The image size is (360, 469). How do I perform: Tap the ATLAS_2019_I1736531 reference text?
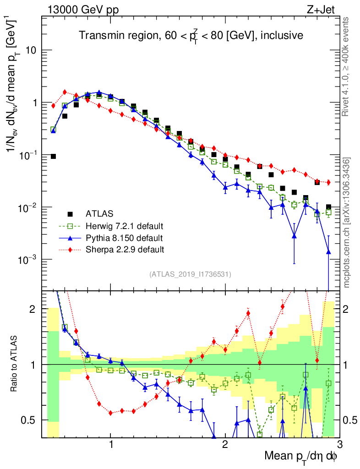pos(190,274)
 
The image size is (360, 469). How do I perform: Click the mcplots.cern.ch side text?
pos(347,222)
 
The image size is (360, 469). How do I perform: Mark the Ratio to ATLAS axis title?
pos(15,364)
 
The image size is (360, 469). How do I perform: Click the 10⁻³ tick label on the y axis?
pos(27,260)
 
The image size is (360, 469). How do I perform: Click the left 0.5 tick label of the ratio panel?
pos(29,420)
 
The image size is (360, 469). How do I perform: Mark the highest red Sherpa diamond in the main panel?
pos(65,92)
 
